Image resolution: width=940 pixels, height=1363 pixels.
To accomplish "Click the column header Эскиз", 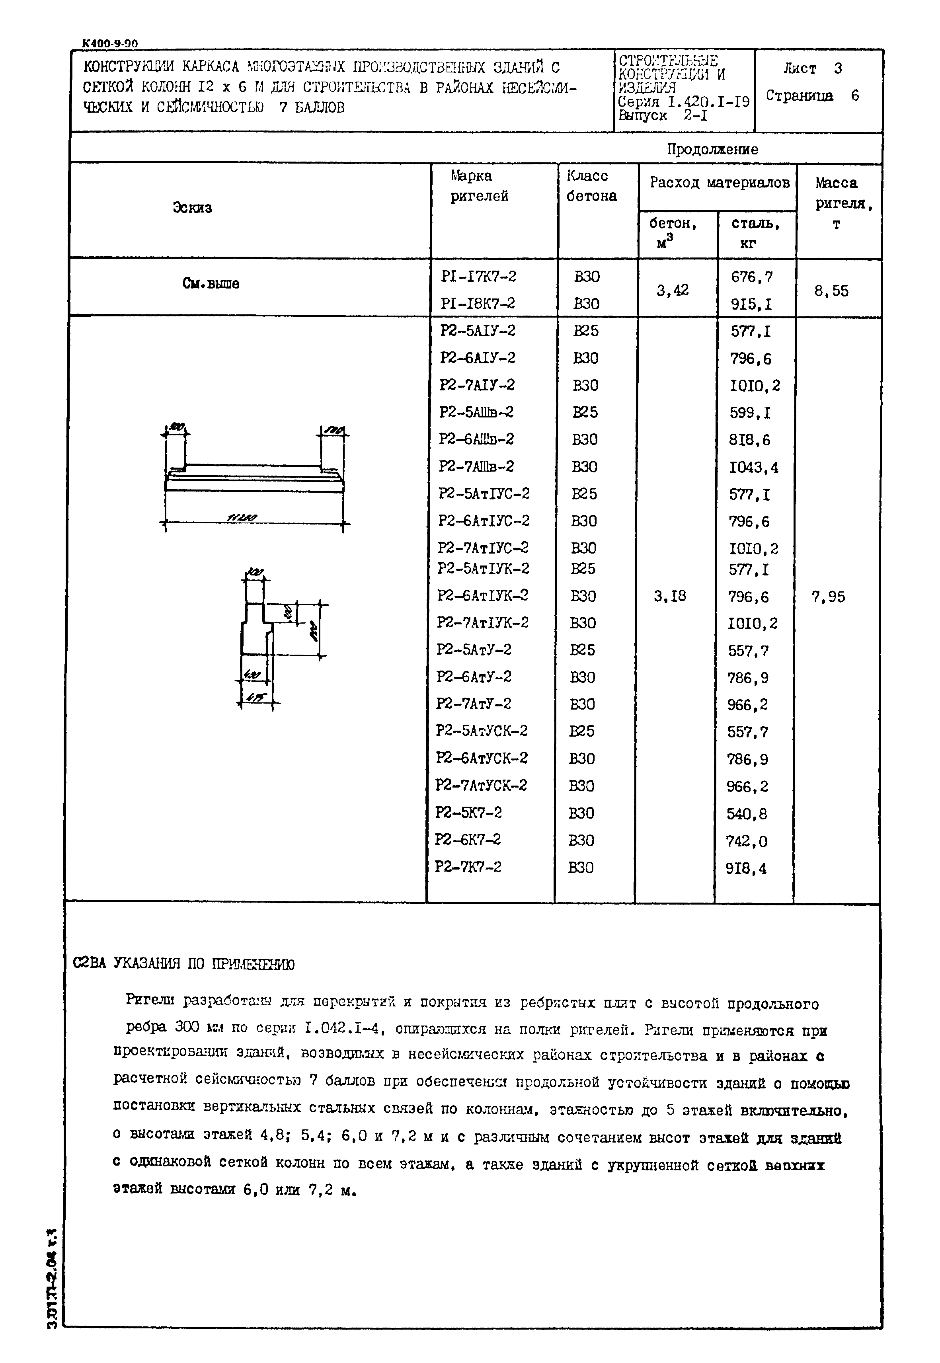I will point(192,207).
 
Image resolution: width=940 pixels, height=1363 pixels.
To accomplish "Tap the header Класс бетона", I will point(591,186).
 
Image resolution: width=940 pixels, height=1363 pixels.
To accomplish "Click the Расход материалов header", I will point(719,183).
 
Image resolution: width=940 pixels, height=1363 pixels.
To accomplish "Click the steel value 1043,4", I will point(754,468).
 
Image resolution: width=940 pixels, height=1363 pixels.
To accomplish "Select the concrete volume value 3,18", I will point(670,597).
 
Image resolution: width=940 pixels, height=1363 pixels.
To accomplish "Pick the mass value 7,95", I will point(828,597).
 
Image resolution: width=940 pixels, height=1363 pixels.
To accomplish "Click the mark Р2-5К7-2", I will point(468,813).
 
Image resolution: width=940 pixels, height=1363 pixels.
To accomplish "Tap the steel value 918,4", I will point(746,869).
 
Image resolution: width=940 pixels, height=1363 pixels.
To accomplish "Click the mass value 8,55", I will point(832,291).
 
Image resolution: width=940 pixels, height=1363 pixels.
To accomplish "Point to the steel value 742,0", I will point(747,842).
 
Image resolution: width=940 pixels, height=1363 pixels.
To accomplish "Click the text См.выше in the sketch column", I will point(211,284).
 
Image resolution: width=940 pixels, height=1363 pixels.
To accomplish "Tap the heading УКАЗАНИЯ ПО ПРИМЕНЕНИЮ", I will point(203,964).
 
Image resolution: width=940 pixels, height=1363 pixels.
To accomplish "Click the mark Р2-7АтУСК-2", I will point(481,786).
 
